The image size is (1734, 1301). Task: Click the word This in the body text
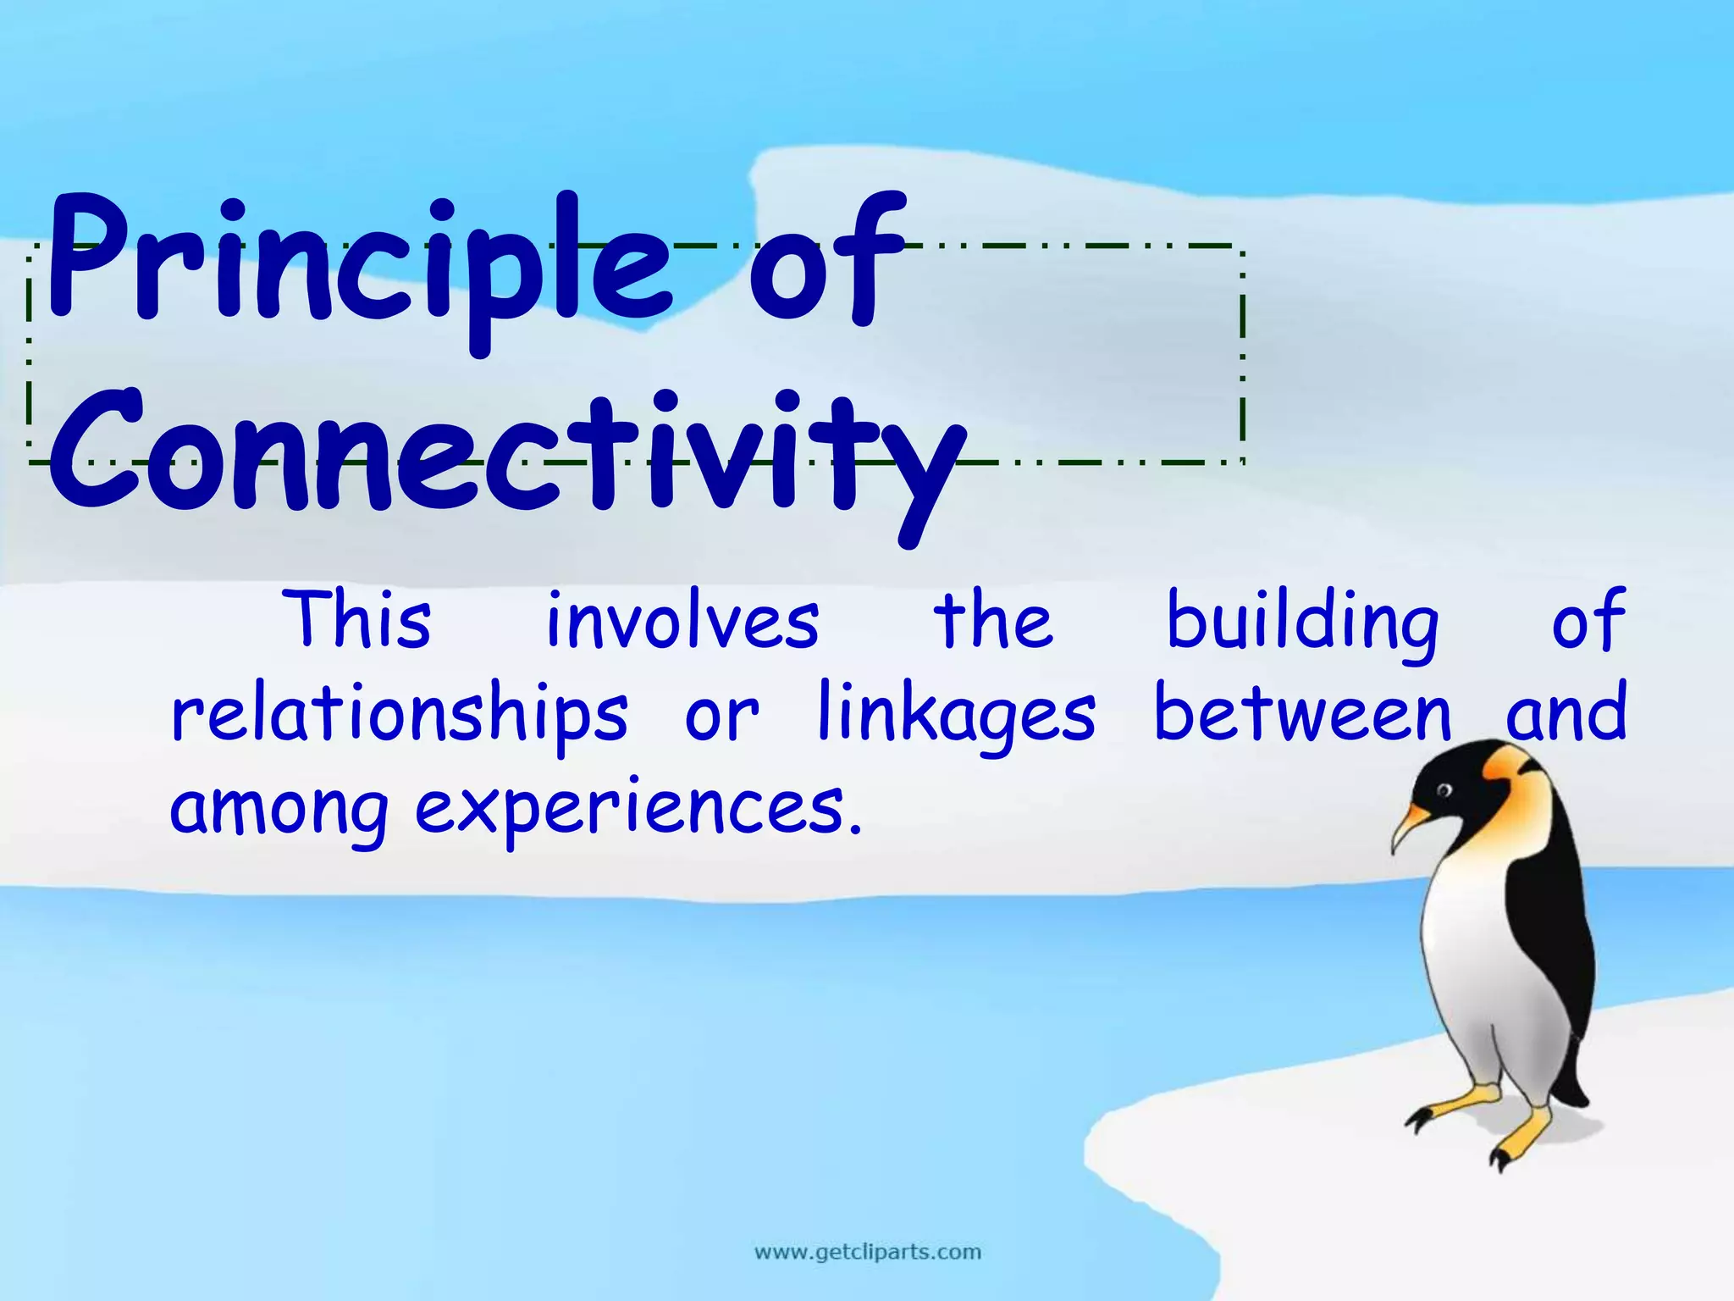359,620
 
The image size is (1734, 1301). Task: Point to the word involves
682,620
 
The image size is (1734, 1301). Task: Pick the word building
1301,623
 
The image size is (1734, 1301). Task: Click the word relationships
399,714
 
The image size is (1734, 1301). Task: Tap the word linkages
957,714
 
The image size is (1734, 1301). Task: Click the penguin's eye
1444,791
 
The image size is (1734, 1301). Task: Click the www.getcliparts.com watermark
867,1251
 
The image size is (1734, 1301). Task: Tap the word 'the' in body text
992,620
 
